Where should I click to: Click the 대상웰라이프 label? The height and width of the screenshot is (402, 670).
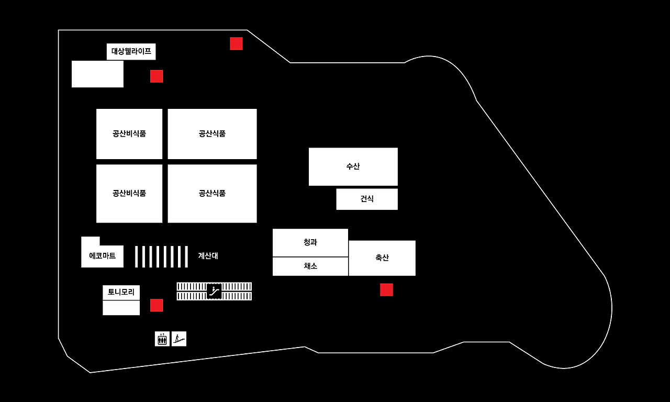(x=131, y=51)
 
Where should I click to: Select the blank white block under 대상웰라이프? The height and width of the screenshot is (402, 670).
(x=97, y=74)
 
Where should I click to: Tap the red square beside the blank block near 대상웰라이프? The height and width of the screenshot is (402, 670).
(x=157, y=76)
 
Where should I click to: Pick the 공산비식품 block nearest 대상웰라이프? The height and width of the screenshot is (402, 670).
(x=129, y=133)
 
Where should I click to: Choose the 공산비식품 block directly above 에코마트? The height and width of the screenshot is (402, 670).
(x=129, y=193)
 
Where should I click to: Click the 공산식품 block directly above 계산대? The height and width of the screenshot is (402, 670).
(x=212, y=193)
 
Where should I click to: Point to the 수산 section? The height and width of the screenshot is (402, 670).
(x=353, y=166)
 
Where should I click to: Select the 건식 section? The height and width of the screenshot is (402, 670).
(x=367, y=199)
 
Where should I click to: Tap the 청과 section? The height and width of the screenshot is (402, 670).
(x=310, y=242)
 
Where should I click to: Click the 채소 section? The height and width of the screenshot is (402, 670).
(x=310, y=266)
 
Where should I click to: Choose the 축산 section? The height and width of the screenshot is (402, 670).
(x=382, y=258)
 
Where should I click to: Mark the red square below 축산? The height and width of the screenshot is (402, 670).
(x=386, y=289)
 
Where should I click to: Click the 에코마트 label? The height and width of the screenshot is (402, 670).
(x=103, y=256)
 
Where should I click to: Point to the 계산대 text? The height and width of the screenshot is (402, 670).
(x=208, y=256)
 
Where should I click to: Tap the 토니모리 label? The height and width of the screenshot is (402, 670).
(x=121, y=292)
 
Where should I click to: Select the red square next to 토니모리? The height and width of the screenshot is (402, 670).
(x=157, y=305)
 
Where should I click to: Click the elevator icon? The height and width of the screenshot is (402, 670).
(x=162, y=339)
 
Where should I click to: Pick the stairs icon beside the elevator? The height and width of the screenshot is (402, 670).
(x=179, y=339)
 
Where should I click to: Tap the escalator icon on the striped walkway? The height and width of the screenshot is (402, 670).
(x=214, y=291)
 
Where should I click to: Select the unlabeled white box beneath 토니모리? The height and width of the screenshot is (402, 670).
(x=121, y=308)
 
